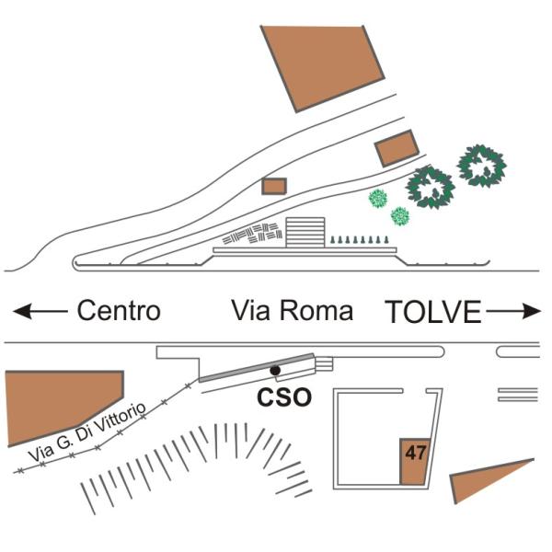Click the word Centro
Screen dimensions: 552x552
pos(119,311)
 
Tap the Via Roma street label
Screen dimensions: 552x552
pos(292,311)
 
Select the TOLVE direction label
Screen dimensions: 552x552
pos(432,312)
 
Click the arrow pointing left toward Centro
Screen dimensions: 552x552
pos(40,311)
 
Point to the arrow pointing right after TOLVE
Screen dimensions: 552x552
pos(513,311)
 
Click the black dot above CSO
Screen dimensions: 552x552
pos(275,371)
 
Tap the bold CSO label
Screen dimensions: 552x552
pos(284,397)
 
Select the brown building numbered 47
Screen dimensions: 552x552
pos(414,461)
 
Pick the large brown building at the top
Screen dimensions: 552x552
pos(321,66)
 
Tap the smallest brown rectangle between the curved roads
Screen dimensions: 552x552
pos(274,186)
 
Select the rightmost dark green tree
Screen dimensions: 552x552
pos(481,166)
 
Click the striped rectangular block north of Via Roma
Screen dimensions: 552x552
pos(305,233)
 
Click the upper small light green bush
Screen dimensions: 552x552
pos(378,199)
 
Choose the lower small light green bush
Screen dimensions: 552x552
pos(400,216)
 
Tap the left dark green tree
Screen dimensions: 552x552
pos(431,188)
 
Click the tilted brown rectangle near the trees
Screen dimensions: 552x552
pos(397,148)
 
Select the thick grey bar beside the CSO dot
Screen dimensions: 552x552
pos(257,368)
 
